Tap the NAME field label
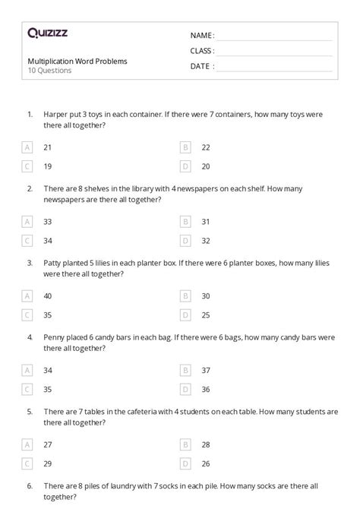(x=201, y=36)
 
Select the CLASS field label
(x=202, y=51)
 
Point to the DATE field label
(x=201, y=66)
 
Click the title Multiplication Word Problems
(x=77, y=61)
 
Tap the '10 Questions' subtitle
(x=49, y=71)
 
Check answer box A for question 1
(x=28, y=147)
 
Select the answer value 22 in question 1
(x=206, y=147)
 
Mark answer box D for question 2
(x=185, y=240)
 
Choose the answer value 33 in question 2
(x=48, y=221)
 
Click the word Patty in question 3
(x=54, y=263)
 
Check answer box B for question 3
(x=185, y=296)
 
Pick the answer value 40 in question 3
(x=48, y=296)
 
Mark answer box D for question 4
(x=185, y=389)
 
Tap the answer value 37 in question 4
(x=206, y=370)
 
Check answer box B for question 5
(x=185, y=444)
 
